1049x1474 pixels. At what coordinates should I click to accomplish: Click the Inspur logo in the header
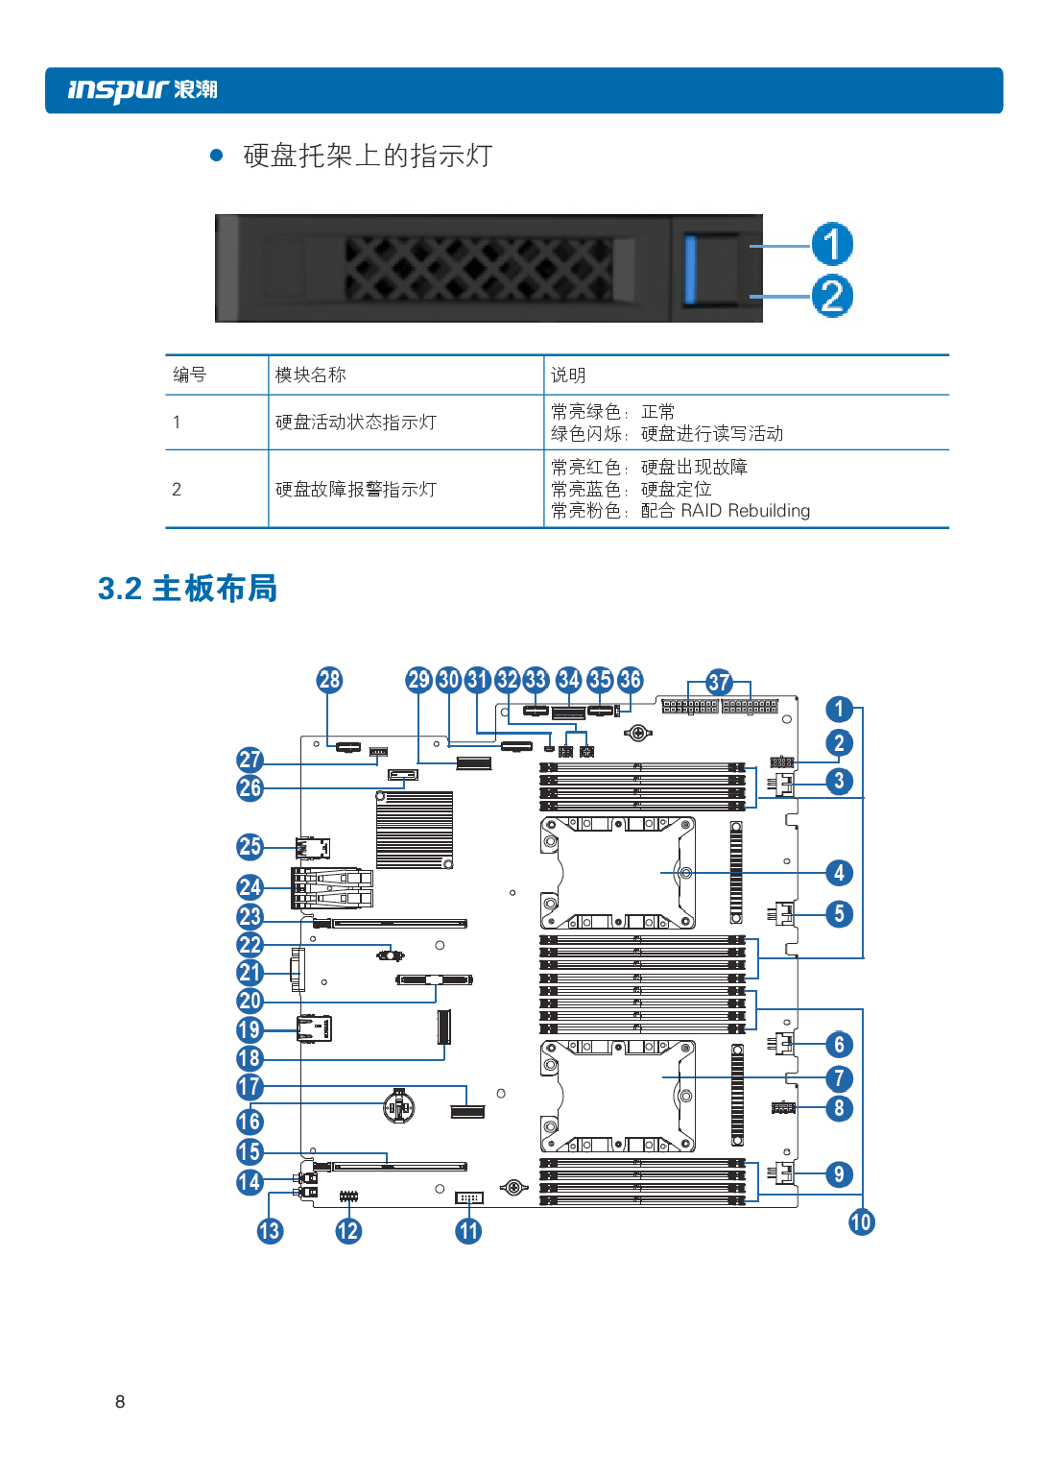point(142,90)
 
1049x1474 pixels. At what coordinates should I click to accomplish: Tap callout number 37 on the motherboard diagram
point(719,682)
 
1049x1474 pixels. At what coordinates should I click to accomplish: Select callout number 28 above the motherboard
point(329,680)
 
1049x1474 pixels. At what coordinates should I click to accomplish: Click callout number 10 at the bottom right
point(861,1221)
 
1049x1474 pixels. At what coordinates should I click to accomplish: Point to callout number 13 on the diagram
point(270,1230)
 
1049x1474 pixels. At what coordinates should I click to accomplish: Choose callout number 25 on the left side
point(250,846)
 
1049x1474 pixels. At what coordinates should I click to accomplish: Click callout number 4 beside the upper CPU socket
point(839,872)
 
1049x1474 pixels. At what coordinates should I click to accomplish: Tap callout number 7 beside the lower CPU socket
point(839,1078)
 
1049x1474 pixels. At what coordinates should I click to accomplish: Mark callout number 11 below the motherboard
point(468,1230)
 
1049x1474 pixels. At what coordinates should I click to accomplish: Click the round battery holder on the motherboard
point(399,1107)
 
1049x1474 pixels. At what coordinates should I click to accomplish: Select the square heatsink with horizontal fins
point(414,830)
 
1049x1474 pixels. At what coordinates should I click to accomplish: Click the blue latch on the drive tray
point(691,268)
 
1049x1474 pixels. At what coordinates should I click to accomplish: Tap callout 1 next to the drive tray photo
point(831,244)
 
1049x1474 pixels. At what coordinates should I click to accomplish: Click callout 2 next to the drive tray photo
point(831,296)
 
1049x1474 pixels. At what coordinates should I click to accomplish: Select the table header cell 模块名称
point(310,375)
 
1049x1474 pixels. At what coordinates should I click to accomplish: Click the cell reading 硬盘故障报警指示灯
point(355,490)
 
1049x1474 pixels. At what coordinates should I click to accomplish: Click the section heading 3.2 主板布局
point(187,589)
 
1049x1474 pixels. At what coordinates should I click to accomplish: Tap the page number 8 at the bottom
point(120,1401)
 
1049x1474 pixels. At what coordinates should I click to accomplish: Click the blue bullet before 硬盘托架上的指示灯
point(217,155)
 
